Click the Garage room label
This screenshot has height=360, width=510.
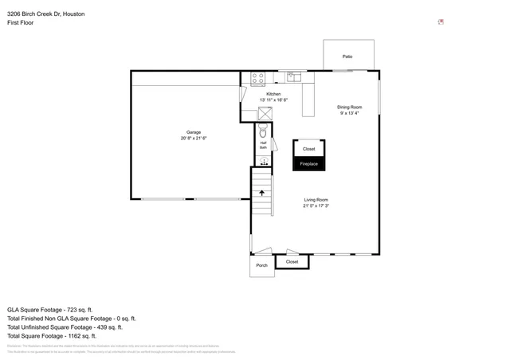(x=194, y=132)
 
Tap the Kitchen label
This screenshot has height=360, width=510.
(x=273, y=94)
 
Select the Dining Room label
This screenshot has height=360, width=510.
(x=349, y=107)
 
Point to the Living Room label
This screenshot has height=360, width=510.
(x=316, y=199)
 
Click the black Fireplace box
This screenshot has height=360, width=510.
(x=308, y=164)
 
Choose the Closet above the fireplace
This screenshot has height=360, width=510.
(x=308, y=149)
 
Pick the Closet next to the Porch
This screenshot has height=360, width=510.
(x=292, y=261)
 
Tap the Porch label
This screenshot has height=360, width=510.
(x=261, y=265)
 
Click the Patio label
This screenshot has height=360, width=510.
(x=347, y=57)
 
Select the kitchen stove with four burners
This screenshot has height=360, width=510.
(x=258, y=78)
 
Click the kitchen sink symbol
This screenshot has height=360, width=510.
(x=292, y=77)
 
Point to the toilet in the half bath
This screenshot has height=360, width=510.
(x=263, y=131)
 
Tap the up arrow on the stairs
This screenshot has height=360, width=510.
(x=262, y=193)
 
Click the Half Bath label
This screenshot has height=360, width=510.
(x=263, y=146)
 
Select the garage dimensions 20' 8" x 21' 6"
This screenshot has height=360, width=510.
(x=194, y=139)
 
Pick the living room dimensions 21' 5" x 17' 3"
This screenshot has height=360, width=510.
(x=316, y=205)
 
